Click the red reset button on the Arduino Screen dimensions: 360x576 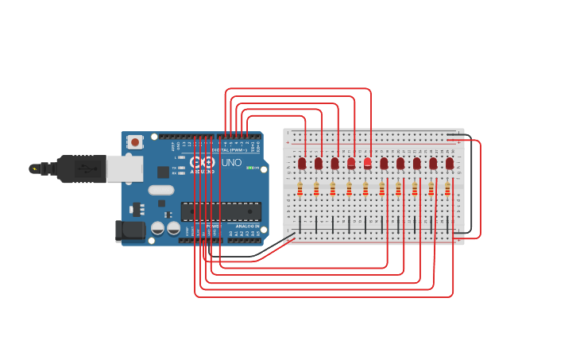point(135,142)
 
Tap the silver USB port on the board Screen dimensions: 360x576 point(125,168)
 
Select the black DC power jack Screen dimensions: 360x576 point(130,231)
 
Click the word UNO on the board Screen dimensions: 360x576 point(230,162)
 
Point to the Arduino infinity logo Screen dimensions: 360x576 point(203,161)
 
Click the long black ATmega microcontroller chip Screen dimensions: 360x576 point(220,211)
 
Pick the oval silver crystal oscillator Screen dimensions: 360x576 point(160,190)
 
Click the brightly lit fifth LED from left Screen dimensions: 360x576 point(367,162)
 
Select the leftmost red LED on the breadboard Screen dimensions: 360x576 point(302,163)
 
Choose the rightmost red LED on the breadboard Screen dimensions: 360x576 point(449,163)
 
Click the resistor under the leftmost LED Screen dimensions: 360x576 point(300,189)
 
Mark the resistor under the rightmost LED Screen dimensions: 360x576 point(446,189)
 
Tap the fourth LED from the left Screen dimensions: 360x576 point(351,162)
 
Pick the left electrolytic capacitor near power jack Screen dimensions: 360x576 point(157,228)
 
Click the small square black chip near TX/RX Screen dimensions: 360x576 point(163,172)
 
